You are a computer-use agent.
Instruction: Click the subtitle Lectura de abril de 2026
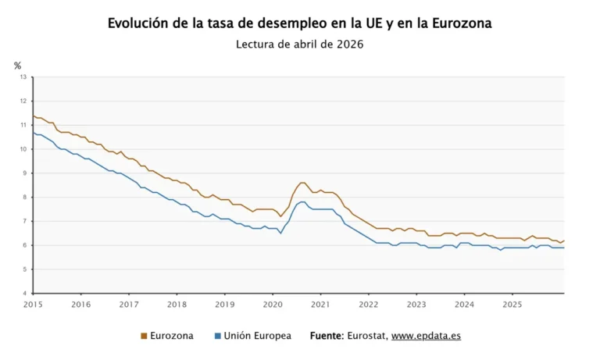[299, 45]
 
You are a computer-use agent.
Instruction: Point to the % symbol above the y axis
[17, 66]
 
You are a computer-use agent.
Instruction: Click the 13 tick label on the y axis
[23, 77]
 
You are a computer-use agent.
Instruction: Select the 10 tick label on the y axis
[23, 149]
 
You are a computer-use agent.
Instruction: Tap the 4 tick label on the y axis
[25, 294]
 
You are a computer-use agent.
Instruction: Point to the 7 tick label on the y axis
[25, 222]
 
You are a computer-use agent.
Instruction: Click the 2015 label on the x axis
[33, 304]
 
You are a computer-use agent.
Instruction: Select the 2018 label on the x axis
[177, 304]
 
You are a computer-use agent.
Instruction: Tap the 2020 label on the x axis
[273, 304]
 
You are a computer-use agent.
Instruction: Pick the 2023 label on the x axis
[416, 304]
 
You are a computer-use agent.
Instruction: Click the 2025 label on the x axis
[512, 304]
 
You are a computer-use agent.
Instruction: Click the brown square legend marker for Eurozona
[144, 337]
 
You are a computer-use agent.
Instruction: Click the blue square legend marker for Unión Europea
[217, 337]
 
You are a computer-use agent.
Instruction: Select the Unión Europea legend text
[257, 336]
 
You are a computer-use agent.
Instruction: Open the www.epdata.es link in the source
[426, 336]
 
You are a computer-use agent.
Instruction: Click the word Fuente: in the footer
[327, 336]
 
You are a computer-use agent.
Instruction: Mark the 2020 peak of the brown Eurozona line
[302, 183]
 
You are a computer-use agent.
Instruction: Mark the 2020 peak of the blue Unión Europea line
[302, 201]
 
